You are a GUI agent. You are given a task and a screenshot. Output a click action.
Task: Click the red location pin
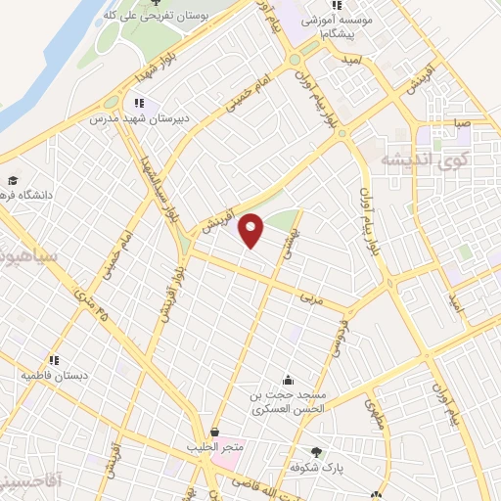tap(252, 230)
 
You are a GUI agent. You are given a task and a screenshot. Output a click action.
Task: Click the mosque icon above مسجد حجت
tap(287, 380)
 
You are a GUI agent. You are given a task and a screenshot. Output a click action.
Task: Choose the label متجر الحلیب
tap(215, 447)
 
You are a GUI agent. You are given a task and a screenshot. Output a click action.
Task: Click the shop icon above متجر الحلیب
tap(215, 432)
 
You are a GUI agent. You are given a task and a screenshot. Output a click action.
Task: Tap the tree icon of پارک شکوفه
tap(315, 452)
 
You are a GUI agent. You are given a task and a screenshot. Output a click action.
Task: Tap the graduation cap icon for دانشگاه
tap(14, 180)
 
